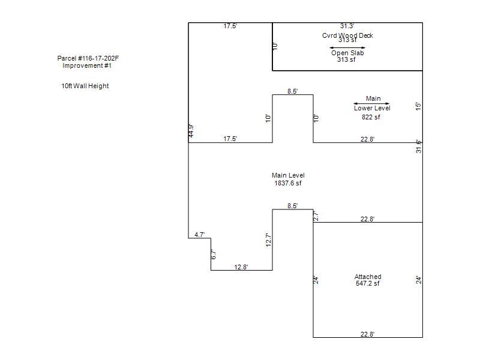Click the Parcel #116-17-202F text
click(x=92, y=58)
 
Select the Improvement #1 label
click(x=87, y=66)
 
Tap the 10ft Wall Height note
click(x=85, y=86)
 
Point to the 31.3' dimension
click(x=347, y=26)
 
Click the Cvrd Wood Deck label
click(x=347, y=35)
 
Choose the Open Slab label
click(x=347, y=53)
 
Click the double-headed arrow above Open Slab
click(x=347, y=47)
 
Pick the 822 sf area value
click(x=371, y=117)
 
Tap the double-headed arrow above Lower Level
click(x=371, y=104)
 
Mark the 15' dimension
click(x=418, y=106)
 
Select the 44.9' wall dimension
click(x=191, y=131)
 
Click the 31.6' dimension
click(x=418, y=146)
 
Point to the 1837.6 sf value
click(x=288, y=183)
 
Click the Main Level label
click(x=288, y=175)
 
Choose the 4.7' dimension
click(x=200, y=235)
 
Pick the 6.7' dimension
click(x=213, y=254)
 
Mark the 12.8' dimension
click(x=241, y=267)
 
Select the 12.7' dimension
click(x=269, y=240)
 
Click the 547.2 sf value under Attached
click(x=368, y=284)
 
